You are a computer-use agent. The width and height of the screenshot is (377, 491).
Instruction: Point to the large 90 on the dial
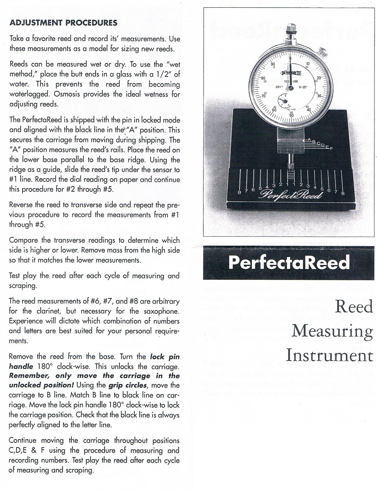[x=273, y=64]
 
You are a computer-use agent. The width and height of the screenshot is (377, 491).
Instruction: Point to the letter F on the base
[x=331, y=148]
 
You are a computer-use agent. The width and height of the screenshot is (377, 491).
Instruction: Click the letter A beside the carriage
[x=309, y=140]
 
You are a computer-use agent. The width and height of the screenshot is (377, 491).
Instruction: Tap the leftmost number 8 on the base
[x=239, y=193]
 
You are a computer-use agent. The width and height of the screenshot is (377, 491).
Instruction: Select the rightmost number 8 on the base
[x=343, y=193]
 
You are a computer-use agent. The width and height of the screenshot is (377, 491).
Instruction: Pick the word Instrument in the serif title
[x=329, y=356]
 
